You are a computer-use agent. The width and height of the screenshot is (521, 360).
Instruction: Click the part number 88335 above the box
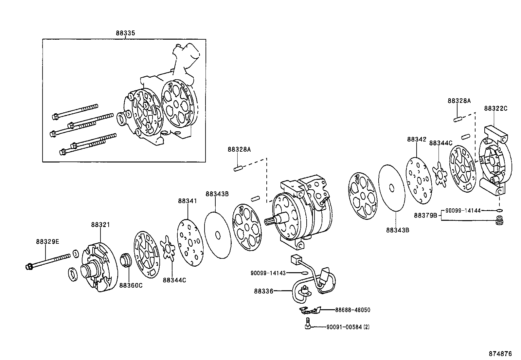tap(125, 33)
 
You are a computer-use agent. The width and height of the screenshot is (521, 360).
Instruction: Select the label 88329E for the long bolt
tap(47, 242)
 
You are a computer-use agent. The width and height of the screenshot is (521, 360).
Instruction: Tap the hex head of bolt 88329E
tap(28, 267)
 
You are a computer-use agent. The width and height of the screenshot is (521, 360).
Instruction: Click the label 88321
tap(100, 225)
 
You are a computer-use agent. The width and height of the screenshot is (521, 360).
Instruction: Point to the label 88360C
tap(131, 285)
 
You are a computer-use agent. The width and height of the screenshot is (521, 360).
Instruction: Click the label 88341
tap(188, 201)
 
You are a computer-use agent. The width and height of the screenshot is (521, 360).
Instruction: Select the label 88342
tap(417, 139)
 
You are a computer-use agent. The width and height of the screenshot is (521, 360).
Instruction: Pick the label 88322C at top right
tap(495, 108)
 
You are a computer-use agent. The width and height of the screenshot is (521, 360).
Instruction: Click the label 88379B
tap(425, 215)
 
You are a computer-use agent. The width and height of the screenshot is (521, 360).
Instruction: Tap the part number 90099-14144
tap(463, 211)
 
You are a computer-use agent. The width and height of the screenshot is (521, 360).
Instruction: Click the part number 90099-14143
tap(268, 273)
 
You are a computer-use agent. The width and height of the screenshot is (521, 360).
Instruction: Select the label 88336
tap(263, 291)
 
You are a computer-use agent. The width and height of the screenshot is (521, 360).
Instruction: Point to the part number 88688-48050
tap(352, 310)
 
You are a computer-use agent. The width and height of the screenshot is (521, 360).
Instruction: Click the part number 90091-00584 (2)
tap(348, 327)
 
